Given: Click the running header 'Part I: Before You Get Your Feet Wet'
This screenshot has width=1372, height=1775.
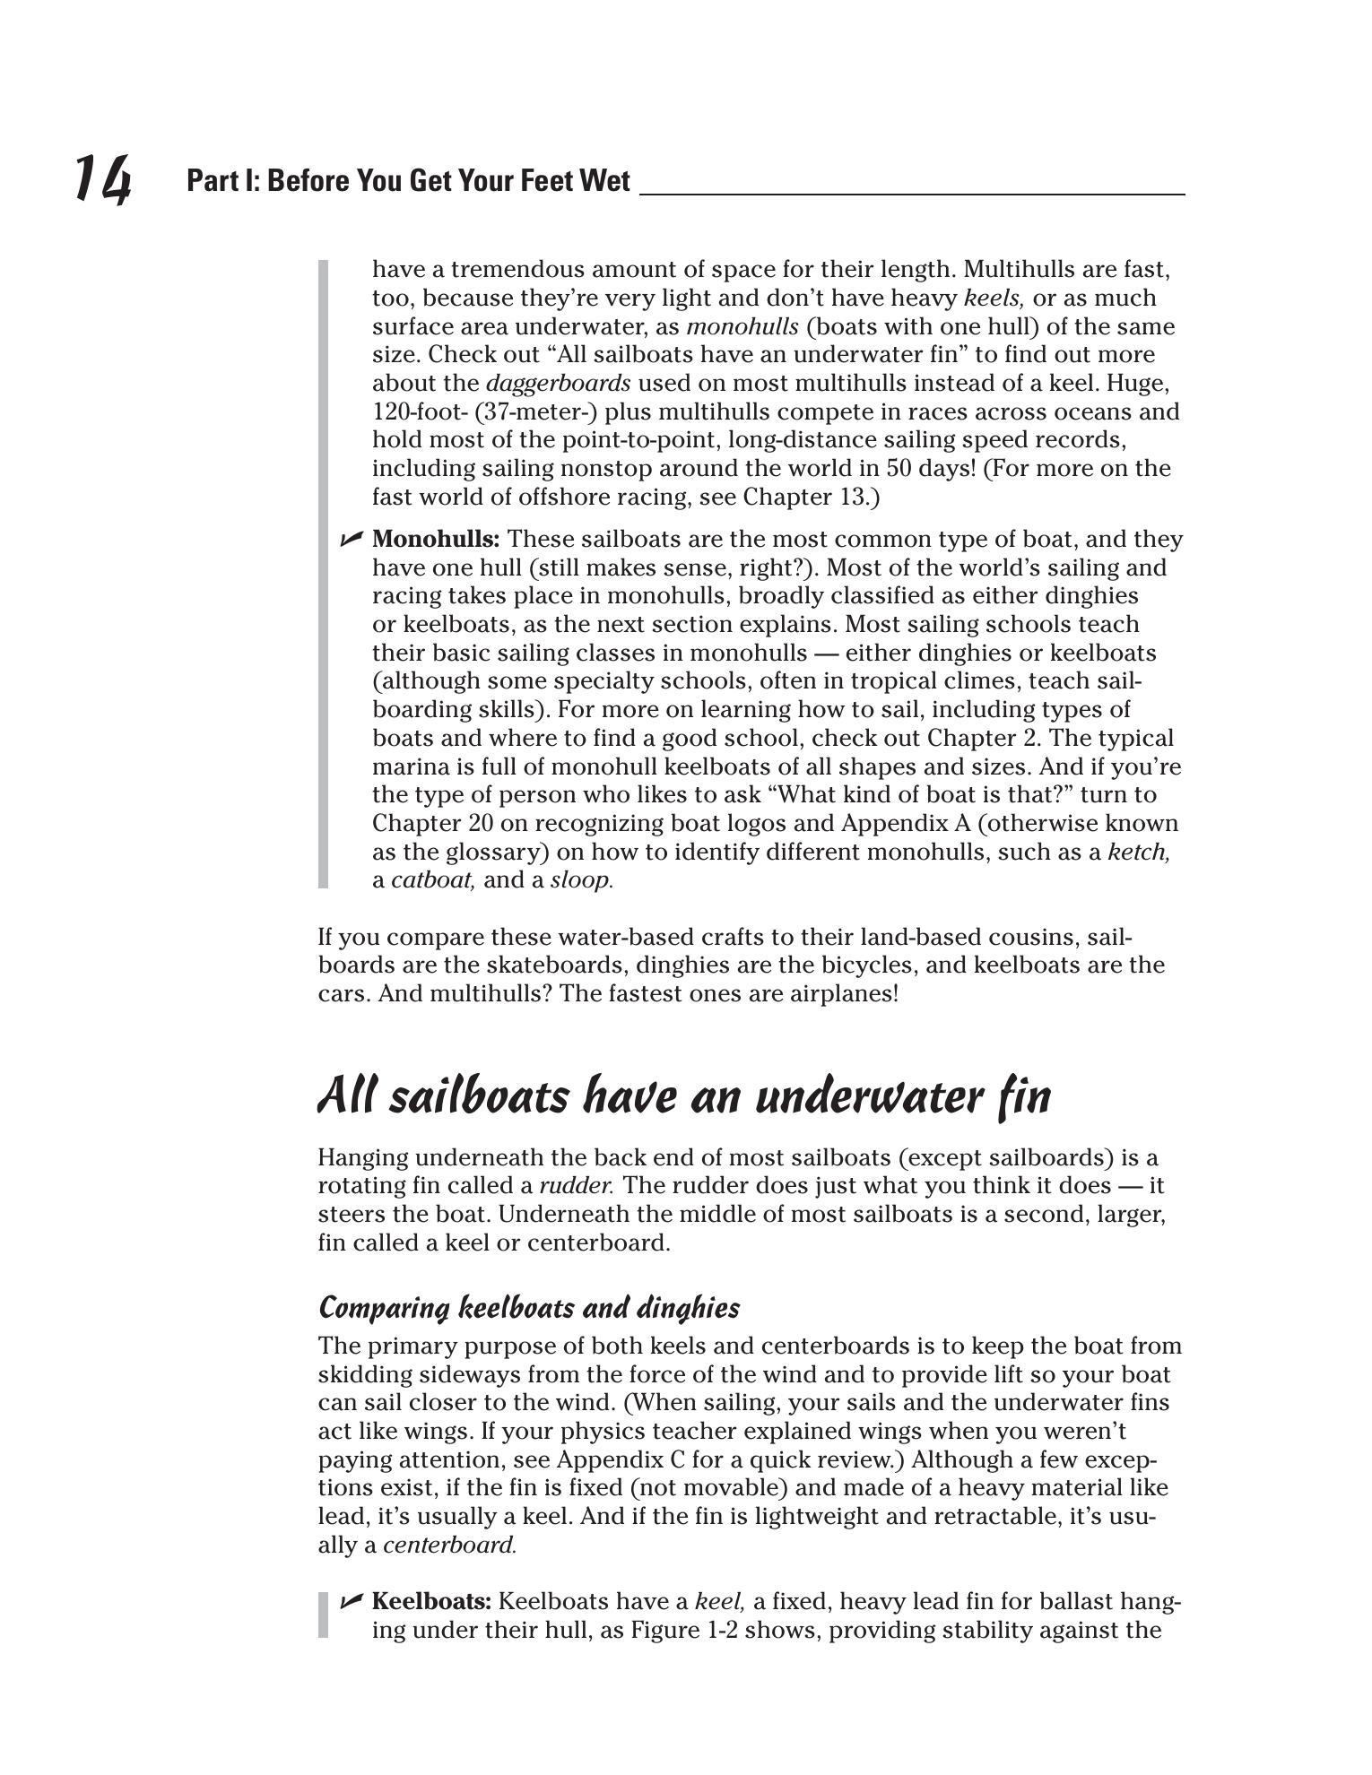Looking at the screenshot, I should (408, 181).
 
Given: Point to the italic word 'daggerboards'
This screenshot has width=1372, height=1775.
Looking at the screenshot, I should (558, 384).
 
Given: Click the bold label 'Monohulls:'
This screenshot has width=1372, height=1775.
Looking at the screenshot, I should (436, 540).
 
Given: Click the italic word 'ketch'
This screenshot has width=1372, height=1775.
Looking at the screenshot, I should (1138, 853).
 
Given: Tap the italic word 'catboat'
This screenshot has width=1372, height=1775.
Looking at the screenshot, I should (432, 880).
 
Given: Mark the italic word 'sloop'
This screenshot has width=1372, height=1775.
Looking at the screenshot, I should (580, 880).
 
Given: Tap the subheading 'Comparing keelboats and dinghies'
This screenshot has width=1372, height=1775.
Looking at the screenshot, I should (529, 1308).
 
